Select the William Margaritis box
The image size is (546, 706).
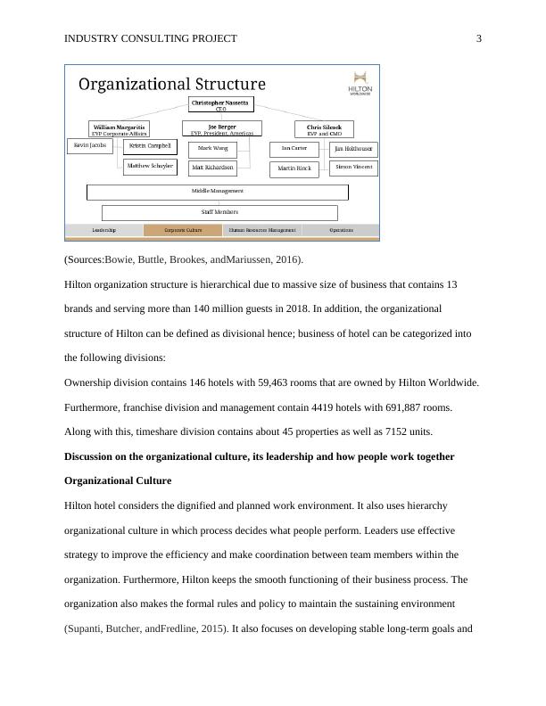tap(119, 129)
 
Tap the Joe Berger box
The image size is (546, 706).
tap(222, 129)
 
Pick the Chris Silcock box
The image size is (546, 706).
tap(324, 129)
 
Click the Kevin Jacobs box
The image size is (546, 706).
tap(90, 145)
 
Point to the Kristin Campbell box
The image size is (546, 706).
tap(150, 146)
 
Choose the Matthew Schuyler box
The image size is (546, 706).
tap(150, 167)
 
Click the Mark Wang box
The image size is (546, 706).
tap(212, 148)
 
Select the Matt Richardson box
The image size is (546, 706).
tap(212, 168)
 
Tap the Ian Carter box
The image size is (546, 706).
tap(294, 149)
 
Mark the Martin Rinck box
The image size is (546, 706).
tap(294, 168)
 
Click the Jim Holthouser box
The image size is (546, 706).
tap(354, 150)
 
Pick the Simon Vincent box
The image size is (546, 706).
tap(354, 168)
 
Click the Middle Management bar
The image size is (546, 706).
tap(217, 192)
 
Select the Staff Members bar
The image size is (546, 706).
tap(219, 213)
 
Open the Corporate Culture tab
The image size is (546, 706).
tap(182, 230)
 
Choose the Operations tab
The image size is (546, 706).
tap(341, 230)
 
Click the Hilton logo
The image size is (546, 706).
tap(360, 84)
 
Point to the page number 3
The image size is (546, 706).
tap(479, 38)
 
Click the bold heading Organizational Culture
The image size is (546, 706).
tap(119, 481)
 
